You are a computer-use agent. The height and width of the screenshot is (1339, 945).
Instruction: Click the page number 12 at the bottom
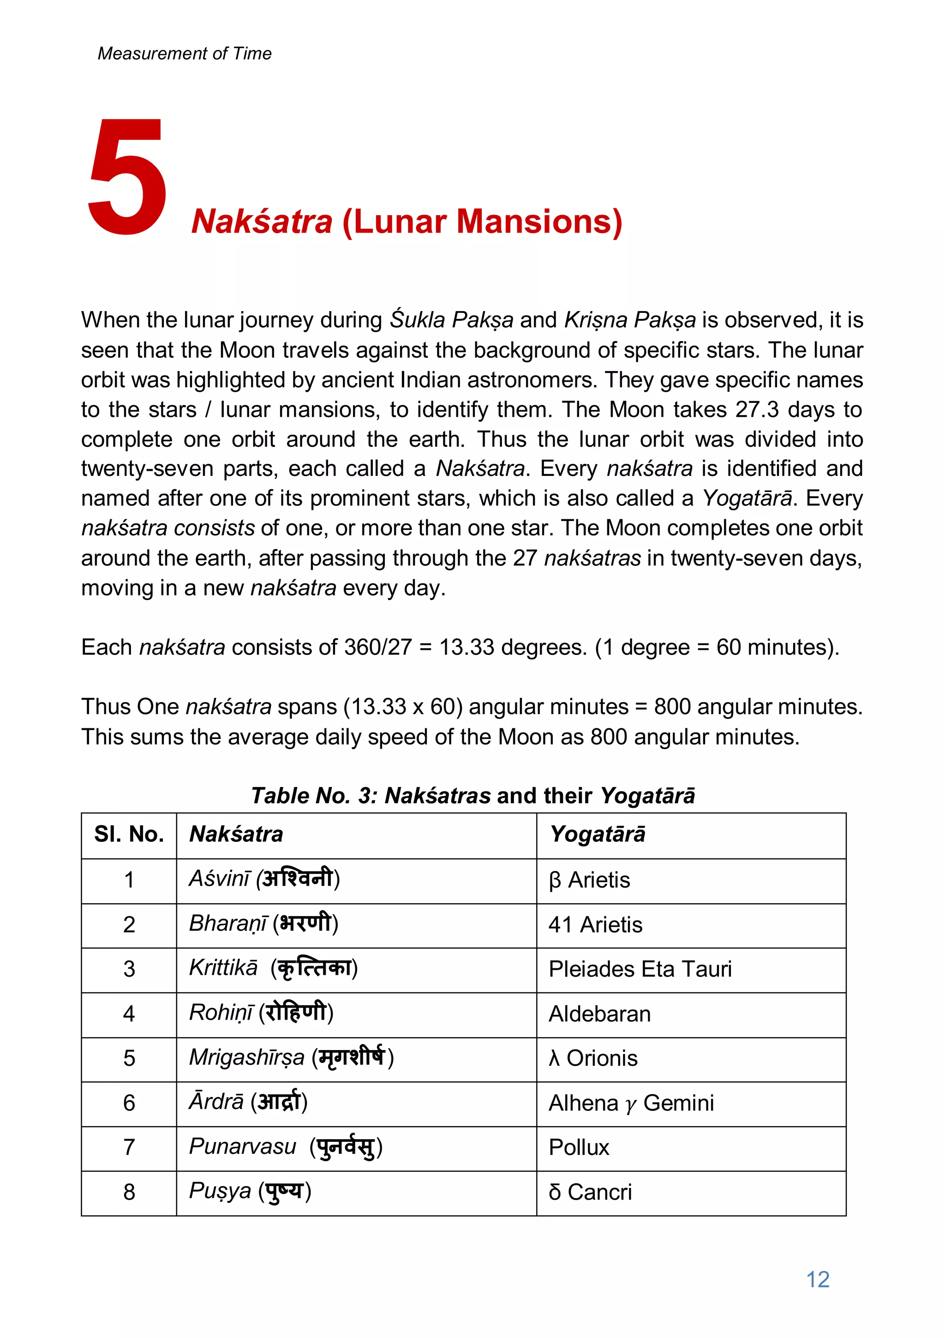click(817, 1279)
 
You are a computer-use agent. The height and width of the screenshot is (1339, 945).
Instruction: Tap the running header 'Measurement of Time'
click(184, 54)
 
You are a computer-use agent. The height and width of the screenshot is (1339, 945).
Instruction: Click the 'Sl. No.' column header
click(129, 835)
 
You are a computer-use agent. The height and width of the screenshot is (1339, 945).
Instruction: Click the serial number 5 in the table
click(129, 1058)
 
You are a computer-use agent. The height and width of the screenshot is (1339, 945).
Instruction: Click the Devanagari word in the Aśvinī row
click(297, 878)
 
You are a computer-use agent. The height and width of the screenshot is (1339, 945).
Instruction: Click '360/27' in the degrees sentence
click(378, 647)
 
